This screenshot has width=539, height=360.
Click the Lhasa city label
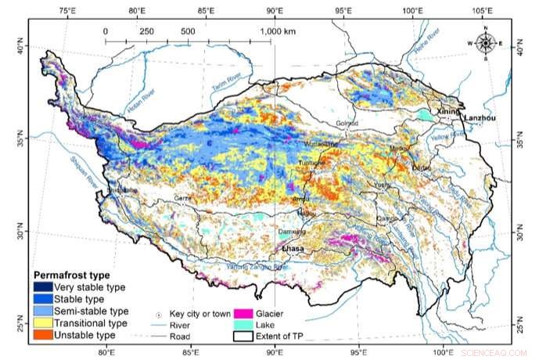coord(293,249)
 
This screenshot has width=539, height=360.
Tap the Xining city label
coord(451,112)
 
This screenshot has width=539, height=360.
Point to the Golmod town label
coord(346,123)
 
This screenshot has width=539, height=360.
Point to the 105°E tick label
coord(483,11)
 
